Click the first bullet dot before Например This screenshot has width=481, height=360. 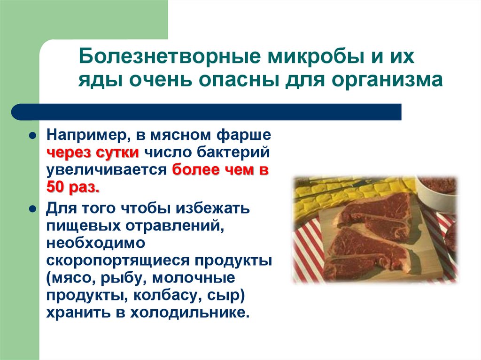click(32, 135)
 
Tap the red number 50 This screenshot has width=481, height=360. click(56, 187)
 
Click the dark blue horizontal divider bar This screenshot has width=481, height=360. click(207, 112)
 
